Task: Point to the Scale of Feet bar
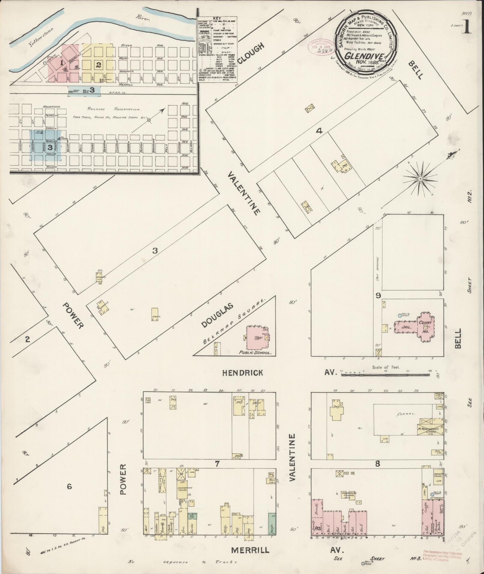[x=386, y=375]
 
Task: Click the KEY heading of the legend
[x=216, y=18]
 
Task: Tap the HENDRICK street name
[x=243, y=373]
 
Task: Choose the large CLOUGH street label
[x=251, y=53]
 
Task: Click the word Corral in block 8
[x=406, y=414]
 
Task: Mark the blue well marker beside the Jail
[x=399, y=315]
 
